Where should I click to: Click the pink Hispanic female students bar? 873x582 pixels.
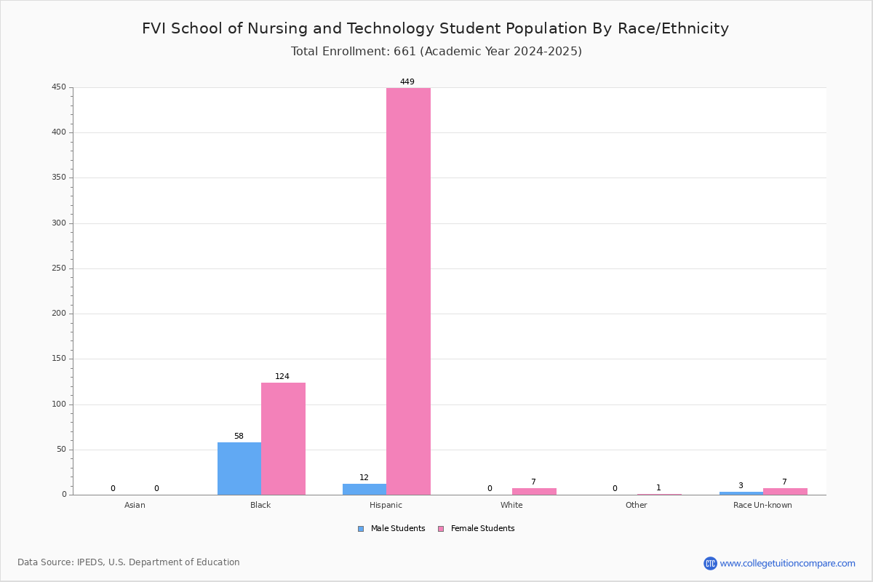pos(408,291)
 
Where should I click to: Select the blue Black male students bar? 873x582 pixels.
pos(239,469)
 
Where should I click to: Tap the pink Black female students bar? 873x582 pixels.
pos(283,439)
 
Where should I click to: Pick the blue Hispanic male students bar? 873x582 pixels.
pos(364,490)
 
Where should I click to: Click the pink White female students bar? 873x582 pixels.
pos(534,492)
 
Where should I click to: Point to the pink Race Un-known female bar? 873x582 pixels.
pos(785,492)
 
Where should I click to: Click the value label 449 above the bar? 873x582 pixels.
pos(407,82)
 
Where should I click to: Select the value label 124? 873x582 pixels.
pos(282,377)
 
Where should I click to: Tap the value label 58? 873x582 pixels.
pos(239,436)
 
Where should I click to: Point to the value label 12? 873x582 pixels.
pos(364,478)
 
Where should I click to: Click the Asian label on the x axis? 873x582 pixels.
pos(135,506)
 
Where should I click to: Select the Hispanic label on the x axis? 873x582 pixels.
pos(386,506)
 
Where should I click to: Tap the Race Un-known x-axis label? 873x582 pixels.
pos(762,506)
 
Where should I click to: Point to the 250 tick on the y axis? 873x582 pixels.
pos(59,268)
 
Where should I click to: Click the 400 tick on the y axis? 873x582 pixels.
pos(59,132)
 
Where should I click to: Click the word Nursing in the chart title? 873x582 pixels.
pos(276,29)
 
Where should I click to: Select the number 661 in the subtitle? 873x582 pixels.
pos(405,52)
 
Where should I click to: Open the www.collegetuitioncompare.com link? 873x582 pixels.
pos(787,563)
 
